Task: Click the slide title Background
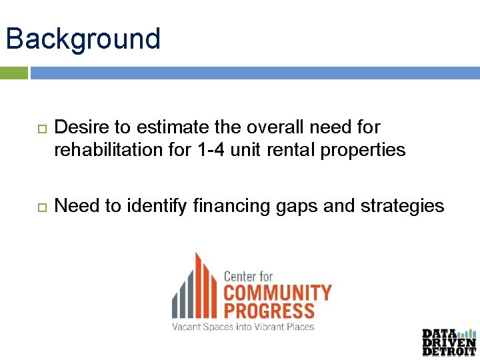[x=83, y=39]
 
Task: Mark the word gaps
[x=297, y=206]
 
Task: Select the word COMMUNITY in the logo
[x=277, y=293]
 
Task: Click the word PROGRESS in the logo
[x=269, y=311]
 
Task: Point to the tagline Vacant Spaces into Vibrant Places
[x=243, y=327]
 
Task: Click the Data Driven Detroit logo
[x=449, y=342]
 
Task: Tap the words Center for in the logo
[x=248, y=276]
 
